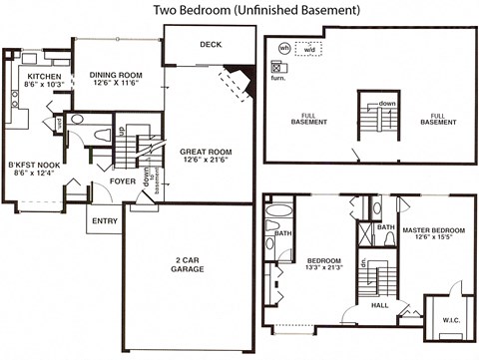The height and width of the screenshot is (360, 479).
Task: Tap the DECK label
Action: point(211,45)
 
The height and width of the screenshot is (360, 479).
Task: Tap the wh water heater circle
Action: point(283,47)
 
